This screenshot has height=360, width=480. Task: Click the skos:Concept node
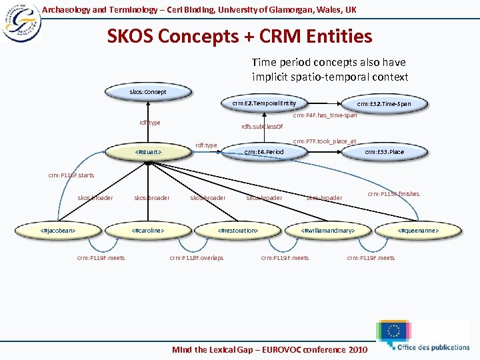[x=147, y=91]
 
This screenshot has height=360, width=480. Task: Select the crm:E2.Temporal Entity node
[x=260, y=103]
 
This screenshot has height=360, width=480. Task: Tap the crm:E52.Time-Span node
[x=383, y=104]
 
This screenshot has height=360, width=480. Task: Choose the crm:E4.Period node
[x=264, y=152]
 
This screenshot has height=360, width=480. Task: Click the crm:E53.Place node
[x=384, y=152]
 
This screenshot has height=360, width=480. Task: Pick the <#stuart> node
[x=149, y=152]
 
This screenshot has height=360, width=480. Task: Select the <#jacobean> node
[x=58, y=231]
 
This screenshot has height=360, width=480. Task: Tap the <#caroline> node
[x=148, y=231]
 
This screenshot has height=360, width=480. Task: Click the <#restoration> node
[x=238, y=231]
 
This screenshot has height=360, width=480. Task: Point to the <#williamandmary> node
[x=327, y=231]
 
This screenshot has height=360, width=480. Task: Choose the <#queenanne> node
[x=418, y=231]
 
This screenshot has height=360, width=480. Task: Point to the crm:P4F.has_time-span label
[x=325, y=115]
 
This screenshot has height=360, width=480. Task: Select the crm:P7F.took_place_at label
[x=325, y=141]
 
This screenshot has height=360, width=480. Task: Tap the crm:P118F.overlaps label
[x=197, y=257]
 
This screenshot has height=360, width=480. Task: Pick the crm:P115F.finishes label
[x=393, y=194]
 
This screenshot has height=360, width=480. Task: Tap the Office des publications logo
[x=423, y=337]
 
